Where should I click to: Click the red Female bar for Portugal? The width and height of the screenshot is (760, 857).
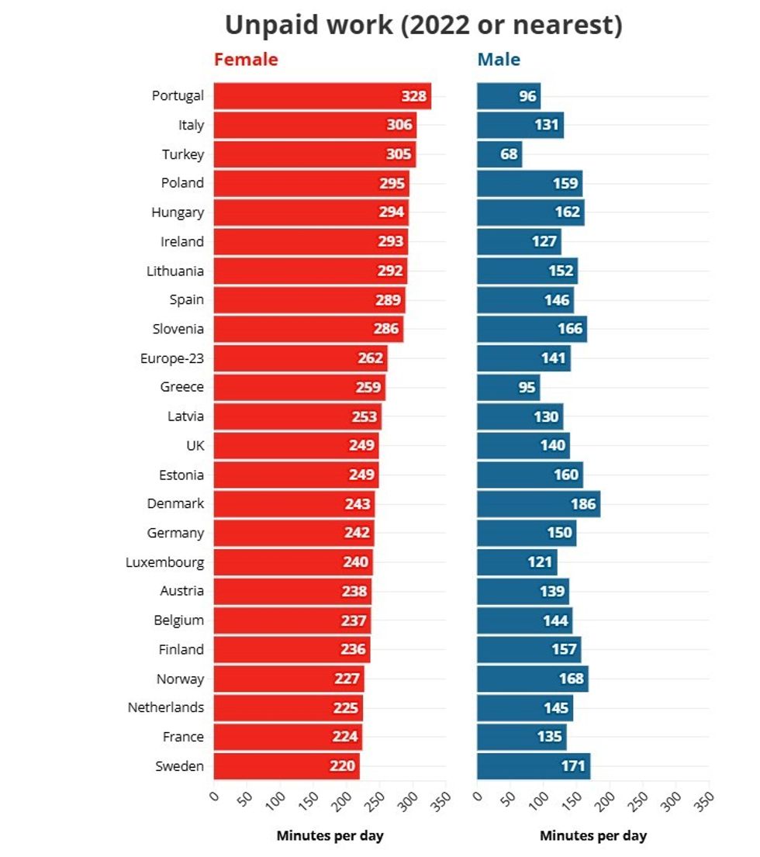click(322, 96)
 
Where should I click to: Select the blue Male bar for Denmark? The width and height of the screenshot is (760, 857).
click(538, 504)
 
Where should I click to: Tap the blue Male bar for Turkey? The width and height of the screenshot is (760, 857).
click(499, 154)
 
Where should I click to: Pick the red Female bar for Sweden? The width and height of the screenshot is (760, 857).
click(286, 766)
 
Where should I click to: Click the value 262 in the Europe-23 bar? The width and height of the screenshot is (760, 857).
click(371, 358)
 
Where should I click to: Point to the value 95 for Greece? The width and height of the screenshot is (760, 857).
click(527, 387)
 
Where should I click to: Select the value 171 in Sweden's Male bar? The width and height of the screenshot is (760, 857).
click(572, 766)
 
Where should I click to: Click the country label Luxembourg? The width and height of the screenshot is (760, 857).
click(165, 562)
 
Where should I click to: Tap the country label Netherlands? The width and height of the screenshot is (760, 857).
click(166, 707)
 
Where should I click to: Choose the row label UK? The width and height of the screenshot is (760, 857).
click(195, 446)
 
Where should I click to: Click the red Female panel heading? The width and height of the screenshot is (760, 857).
click(246, 60)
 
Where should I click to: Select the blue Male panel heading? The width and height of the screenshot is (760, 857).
click(499, 60)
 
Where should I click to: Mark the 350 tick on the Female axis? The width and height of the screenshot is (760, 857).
click(440, 800)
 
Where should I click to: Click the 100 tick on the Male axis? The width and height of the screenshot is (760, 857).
click(540, 800)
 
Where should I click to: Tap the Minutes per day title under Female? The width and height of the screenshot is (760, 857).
click(330, 836)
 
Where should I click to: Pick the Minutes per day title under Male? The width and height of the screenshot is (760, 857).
click(592, 836)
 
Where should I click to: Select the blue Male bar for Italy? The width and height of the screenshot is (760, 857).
click(520, 125)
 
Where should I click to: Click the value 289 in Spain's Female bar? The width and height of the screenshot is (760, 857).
click(388, 300)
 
